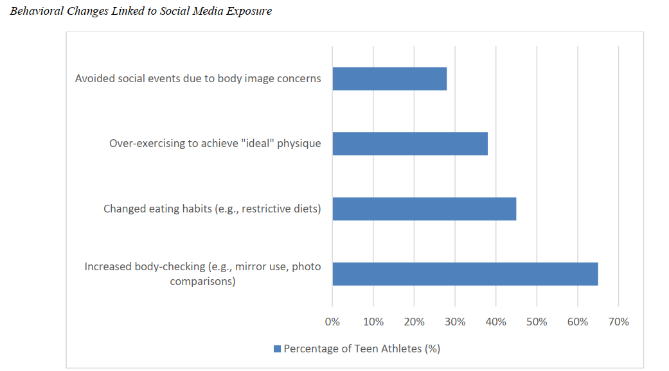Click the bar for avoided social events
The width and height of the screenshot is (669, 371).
click(389, 79)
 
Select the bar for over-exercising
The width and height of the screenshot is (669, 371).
click(410, 144)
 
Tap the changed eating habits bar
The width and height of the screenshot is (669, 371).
click(424, 209)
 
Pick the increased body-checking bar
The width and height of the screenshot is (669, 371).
click(465, 274)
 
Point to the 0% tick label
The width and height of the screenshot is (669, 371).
click(332, 322)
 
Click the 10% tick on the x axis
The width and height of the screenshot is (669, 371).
click(373, 322)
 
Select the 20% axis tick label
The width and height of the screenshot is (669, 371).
click(414, 322)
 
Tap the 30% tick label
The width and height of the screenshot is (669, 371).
click(455, 322)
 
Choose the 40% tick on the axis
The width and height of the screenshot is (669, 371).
click(495, 322)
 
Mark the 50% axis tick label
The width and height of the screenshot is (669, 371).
click(537, 322)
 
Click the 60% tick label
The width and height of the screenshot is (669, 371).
click(577, 322)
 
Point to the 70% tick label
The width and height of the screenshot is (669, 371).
click(618, 322)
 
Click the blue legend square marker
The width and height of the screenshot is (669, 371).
click(277, 349)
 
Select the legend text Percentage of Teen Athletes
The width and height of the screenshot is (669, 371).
click(362, 349)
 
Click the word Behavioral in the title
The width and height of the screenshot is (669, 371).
click(37, 12)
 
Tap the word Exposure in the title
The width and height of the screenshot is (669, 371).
click(250, 12)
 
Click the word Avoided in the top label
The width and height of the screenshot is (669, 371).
click(94, 78)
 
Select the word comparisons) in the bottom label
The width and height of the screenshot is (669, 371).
click(202, 281)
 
